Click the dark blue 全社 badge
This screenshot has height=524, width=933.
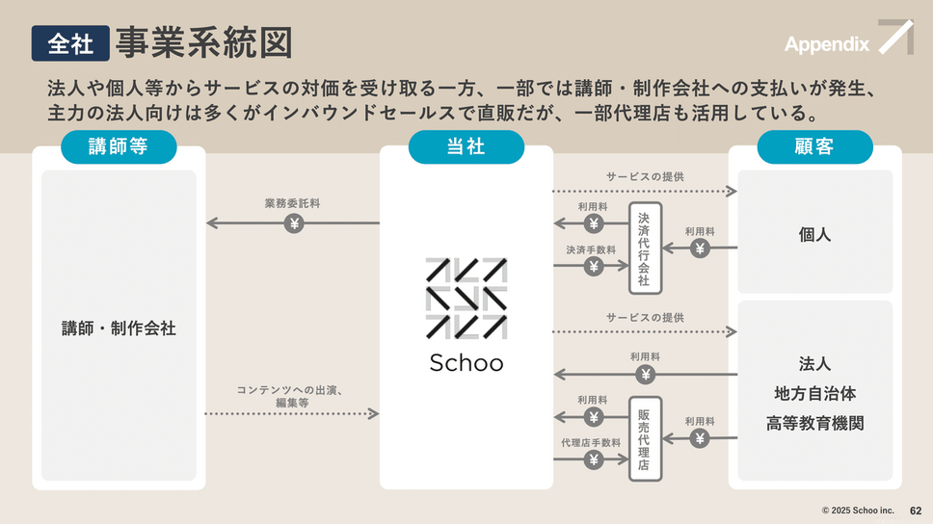[69, 43]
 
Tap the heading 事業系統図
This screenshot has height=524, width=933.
[203, 43]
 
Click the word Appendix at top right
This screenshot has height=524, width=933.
[826, 44]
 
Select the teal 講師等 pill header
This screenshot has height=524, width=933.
[119, 146]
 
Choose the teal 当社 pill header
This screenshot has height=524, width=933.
[466, 146]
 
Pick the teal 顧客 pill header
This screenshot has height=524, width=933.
[814, 146]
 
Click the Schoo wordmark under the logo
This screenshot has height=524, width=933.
[466, 362]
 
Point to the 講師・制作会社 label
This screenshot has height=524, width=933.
[119, 328]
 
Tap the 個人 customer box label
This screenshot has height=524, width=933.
[814, 234]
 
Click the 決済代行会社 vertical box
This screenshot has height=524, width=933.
[645, 249]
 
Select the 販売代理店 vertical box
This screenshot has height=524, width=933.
[645, 438]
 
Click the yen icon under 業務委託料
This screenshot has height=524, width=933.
[294, 223]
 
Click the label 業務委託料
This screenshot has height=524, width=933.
[292, 204]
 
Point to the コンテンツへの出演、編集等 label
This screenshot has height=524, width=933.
[291, 396]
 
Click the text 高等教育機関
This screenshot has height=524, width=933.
[814, 423]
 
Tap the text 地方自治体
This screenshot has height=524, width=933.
[814, 394]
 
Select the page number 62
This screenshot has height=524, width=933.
[916, 511]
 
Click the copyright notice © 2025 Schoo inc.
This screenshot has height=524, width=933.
[858, 511]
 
